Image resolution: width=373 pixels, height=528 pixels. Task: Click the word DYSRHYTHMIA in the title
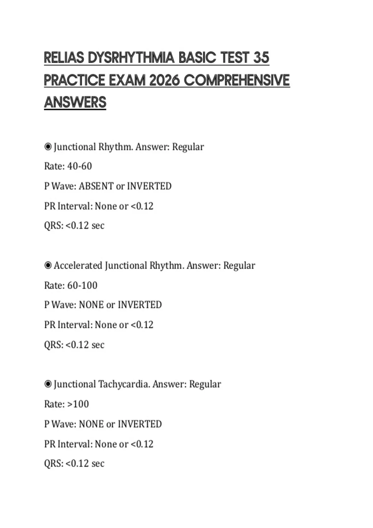click(132, 58)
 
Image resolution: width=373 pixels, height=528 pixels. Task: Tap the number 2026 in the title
click(164, 80)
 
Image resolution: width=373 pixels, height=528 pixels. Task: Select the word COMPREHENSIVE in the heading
click(237, 80)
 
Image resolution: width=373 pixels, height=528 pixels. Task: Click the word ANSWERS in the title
click(75, 102)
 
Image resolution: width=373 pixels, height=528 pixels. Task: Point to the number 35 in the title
click(261, 58)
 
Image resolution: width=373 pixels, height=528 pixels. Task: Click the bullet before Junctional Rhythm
click(48, 147)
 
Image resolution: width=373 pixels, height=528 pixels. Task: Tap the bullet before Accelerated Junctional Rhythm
click(48, 266)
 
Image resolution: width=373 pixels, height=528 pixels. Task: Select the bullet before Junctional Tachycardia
click(48, 385)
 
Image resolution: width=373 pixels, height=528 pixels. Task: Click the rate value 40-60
click(80, 166)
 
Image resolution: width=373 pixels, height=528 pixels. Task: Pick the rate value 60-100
click(82, 285)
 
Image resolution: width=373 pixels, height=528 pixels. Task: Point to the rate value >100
click(78, 404)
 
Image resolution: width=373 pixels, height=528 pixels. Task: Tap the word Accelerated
click(78, 266)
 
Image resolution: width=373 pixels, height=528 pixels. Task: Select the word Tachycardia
click(124, 384)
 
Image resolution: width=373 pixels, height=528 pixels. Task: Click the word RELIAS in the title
click(64, 58)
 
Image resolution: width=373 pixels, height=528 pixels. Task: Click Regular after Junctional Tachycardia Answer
click(205, 384)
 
